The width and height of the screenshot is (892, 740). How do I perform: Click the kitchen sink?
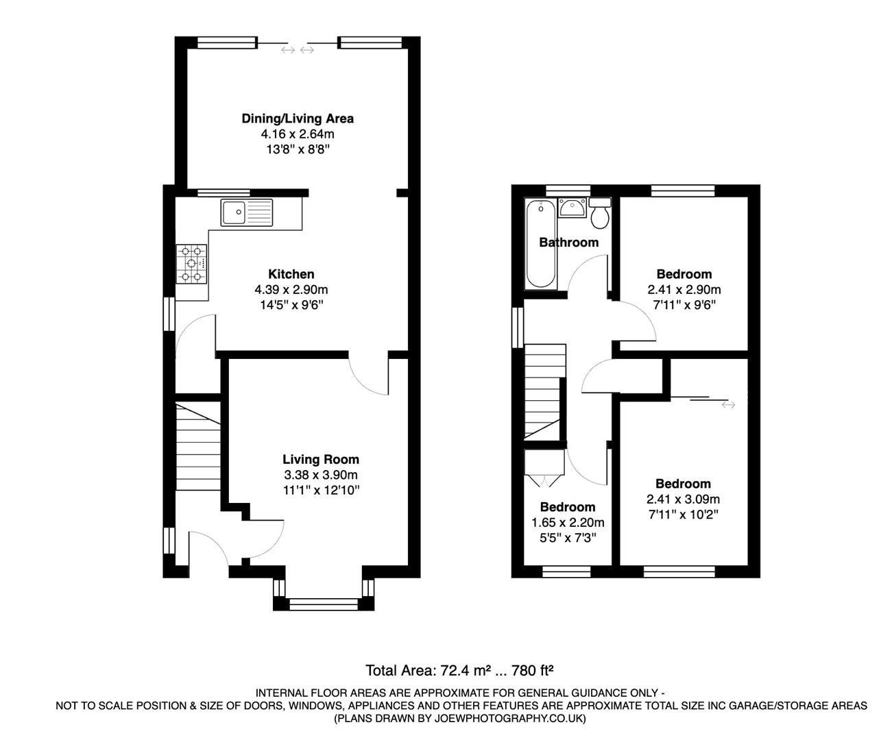click(x=246, y=212)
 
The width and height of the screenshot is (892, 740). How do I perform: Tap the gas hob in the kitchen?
click(x=192, y=264)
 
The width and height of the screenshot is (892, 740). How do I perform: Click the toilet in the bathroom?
click(x=600, y=214)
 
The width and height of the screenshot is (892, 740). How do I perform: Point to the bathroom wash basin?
click(x=572, y=207)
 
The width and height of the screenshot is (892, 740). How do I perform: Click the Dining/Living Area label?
click(x=298, y=119)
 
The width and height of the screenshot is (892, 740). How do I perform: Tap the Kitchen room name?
click(x=291, y=274)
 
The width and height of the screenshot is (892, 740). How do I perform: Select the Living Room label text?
click(x=320, y=459)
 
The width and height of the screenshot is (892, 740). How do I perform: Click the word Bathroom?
click(x=568, y=242)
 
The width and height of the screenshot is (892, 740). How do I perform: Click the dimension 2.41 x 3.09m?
click(x=683, y=499)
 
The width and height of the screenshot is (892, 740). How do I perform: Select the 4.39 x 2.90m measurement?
click(x=291, y=289)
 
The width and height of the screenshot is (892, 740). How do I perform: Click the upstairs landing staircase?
click(x=545, y=391)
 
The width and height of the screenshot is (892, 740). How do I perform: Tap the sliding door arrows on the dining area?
click(x=298, y=49)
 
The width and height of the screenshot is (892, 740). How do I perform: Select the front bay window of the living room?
click(x=324, y=603)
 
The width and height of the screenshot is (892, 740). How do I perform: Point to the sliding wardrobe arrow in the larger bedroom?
click(x=727, y=405)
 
